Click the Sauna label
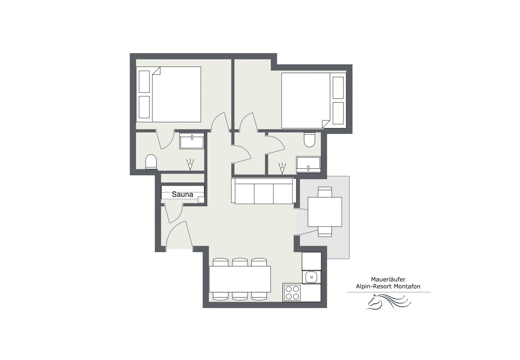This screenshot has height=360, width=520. (182, 195)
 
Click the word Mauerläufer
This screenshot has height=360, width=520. (389, 280)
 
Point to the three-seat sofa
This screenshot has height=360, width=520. (264, 192)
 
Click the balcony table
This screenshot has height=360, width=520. (325, 212)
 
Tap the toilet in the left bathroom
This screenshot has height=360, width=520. (151, 162)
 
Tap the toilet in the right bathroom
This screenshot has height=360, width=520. (310, 139)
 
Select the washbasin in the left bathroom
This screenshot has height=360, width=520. (192, 141)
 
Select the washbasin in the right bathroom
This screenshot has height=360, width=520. (308, 164)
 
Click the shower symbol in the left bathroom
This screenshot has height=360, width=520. (190, 164)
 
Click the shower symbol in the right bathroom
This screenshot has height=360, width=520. (282, 169)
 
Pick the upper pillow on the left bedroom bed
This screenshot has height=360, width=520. (144, 82)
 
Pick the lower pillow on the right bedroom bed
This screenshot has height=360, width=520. (338, 113)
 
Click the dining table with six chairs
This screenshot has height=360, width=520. (240, 279)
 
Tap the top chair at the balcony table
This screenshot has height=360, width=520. (325, 192)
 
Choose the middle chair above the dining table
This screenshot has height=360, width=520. (240, 262)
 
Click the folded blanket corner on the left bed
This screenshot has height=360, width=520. (156, 71)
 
